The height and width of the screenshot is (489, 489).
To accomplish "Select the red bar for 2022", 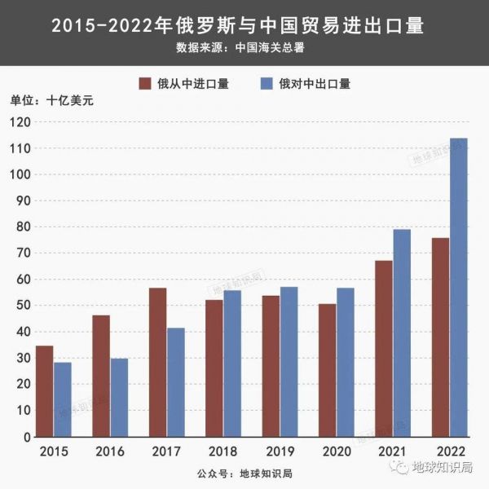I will [x=441, y=337].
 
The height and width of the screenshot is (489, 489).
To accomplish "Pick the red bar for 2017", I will [x=157, y=362].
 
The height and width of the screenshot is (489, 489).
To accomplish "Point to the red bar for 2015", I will [x=45, y=391].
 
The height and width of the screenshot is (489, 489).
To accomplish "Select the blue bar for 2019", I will [x=289, y=362].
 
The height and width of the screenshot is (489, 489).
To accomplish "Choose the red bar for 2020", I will [x=327, y=370].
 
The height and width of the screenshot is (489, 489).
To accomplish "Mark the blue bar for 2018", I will [x=232, y=363].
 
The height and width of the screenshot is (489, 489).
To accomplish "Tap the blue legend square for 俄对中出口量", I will [x=266, y=82].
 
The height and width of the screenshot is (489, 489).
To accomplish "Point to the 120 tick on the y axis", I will [x=20, y=122].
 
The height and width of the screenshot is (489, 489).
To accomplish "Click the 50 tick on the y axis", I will [x=23, y=306].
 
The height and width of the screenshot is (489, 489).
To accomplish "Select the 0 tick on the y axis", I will [x=26, y=437].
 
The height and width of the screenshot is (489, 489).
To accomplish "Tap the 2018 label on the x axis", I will [x=222, y=451].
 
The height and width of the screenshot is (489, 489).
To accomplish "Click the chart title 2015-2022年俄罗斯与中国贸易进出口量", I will [x=237, y=26].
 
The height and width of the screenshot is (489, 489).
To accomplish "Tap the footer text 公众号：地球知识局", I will [x=244, y=473].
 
